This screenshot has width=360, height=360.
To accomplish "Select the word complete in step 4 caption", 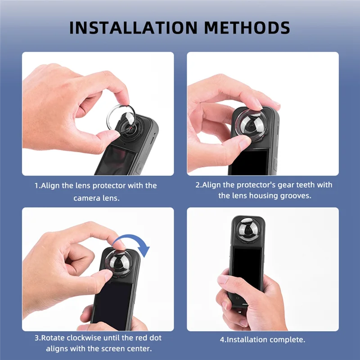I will (287, 340).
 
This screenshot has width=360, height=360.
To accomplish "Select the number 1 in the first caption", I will (37, 185).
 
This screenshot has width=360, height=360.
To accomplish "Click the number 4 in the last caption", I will (222, 340).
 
